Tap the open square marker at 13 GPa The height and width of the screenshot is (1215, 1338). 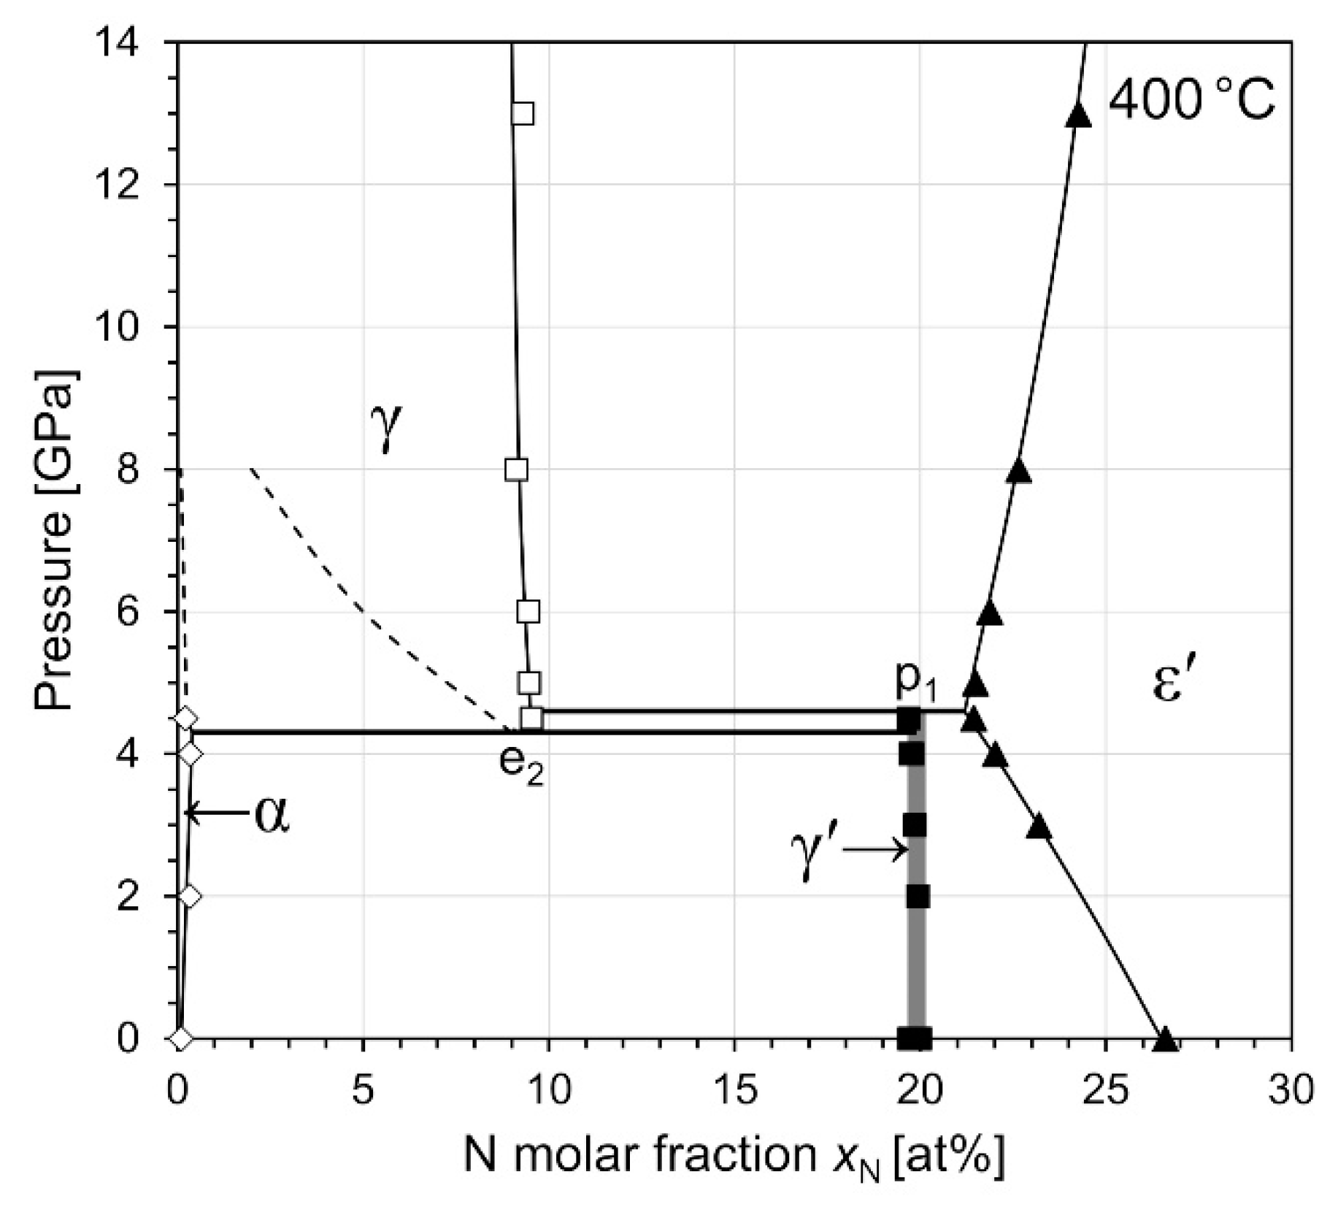(x=522, y=114)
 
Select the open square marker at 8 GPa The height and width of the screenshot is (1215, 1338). (x=516, y=469)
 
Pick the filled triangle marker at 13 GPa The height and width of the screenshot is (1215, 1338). (x=1078, y=115)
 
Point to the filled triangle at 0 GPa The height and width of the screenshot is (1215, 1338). (x=1165, y=1038)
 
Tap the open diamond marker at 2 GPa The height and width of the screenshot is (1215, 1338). (x=189, y=896)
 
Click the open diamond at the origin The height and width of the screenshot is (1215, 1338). (x=181, y=1038)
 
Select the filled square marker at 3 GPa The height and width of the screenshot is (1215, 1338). (x=914, y=825)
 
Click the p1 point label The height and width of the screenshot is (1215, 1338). (x=915, y=681)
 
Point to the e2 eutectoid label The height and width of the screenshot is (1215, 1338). (x=521, y=764)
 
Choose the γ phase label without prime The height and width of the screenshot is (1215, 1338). (x=386, y=427)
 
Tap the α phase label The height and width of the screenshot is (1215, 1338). (x=272, y=814)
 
